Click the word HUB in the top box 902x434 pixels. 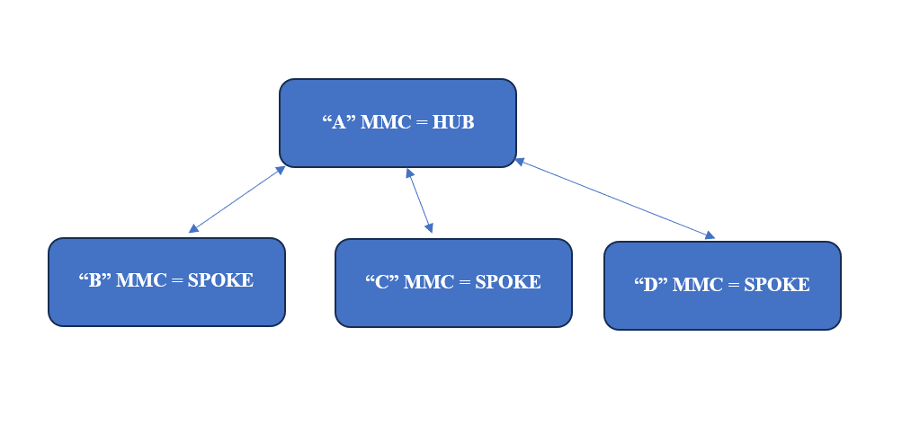coord(453,122)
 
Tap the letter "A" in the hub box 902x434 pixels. coord(339,122)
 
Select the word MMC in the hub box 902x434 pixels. coord(386,122)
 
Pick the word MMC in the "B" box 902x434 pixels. coord(141,279)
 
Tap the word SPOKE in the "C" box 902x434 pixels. coord(508,282)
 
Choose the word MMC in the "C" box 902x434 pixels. coord(429,282)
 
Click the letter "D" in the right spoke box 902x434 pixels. coord(651,285)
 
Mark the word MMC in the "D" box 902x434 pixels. coord(698,285)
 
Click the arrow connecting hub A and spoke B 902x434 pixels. coord(237,199)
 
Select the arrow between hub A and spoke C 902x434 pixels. coord(419,200)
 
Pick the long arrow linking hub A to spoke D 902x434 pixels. coord(614,199)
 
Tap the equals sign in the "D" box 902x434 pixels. coord(733,286)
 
